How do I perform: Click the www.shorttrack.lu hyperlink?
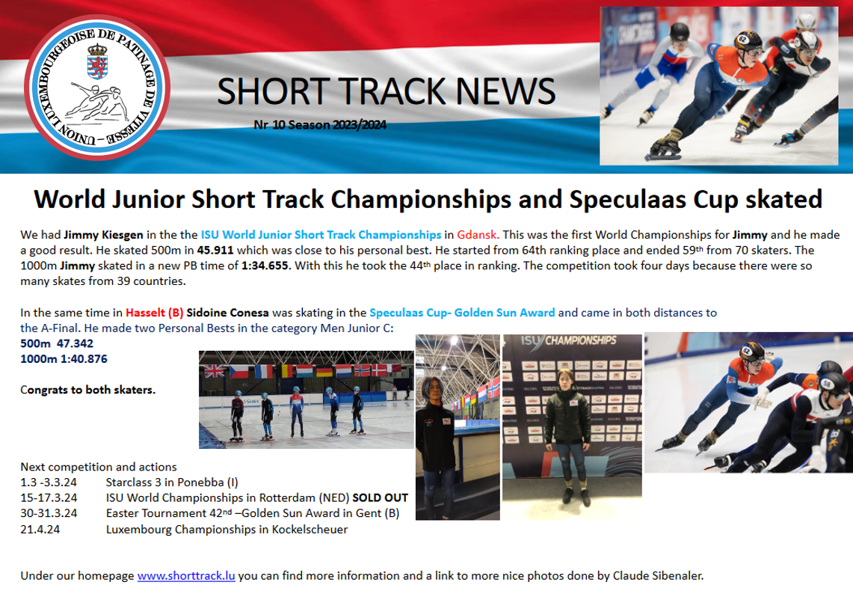pyautogui.click(x=186, y=576)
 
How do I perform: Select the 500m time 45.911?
pyautogui.click(x=215, y=251)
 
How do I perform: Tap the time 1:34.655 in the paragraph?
pyautogui.click(x=265, y=266)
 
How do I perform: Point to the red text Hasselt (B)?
pyautogui.click(x=155, y=313)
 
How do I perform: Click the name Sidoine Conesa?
pyautogui.click(x=227, y=313)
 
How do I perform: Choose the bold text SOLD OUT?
pyautogui.click(x=381, y=498)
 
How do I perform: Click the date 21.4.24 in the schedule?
pyautogui.click(x=40, y=530)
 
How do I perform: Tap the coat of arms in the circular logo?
pyautogui.click(x=97, y=61)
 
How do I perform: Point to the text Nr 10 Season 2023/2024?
pyautogui.click(x=320, y=125)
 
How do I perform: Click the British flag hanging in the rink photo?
pyautogui.click(x=214, y=371)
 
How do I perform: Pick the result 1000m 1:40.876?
pyautogui.click(x=64, y=359)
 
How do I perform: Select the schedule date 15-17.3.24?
pyautogui.click(x=49, y=498)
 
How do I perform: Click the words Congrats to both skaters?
pyautogui.click(x=87, y=391)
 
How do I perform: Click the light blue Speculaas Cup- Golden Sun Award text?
pyautogui.click(x=463, y=313)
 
